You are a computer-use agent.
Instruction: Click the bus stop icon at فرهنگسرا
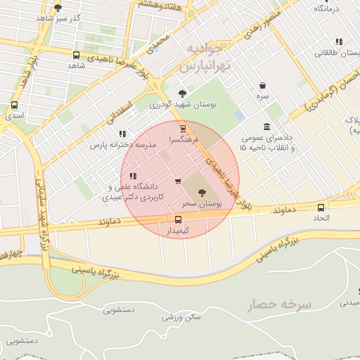(x=184, y=129)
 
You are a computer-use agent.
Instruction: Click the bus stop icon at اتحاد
(x=321, y=207)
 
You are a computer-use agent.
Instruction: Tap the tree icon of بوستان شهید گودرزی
(x=183, y=93)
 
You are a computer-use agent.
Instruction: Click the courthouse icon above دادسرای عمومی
(x=266, y=127)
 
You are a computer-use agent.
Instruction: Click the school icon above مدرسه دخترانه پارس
(x=122, y=134)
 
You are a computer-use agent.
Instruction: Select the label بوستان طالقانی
(x=334, y=52)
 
